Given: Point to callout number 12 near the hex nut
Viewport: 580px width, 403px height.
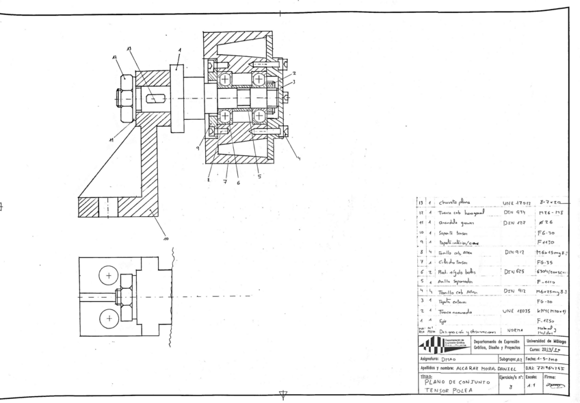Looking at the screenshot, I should (116, 57).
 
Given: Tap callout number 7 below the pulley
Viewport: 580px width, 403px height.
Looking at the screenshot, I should (224, 183).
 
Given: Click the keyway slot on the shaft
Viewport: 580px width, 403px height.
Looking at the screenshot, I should (157, 98).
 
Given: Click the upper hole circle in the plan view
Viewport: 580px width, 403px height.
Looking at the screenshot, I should (107, 276).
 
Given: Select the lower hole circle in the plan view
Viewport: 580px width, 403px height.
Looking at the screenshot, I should (107, 318).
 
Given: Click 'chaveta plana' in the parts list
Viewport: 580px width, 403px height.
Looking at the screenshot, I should (456, 203).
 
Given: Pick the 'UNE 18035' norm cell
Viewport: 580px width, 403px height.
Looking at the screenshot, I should (507, 311).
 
